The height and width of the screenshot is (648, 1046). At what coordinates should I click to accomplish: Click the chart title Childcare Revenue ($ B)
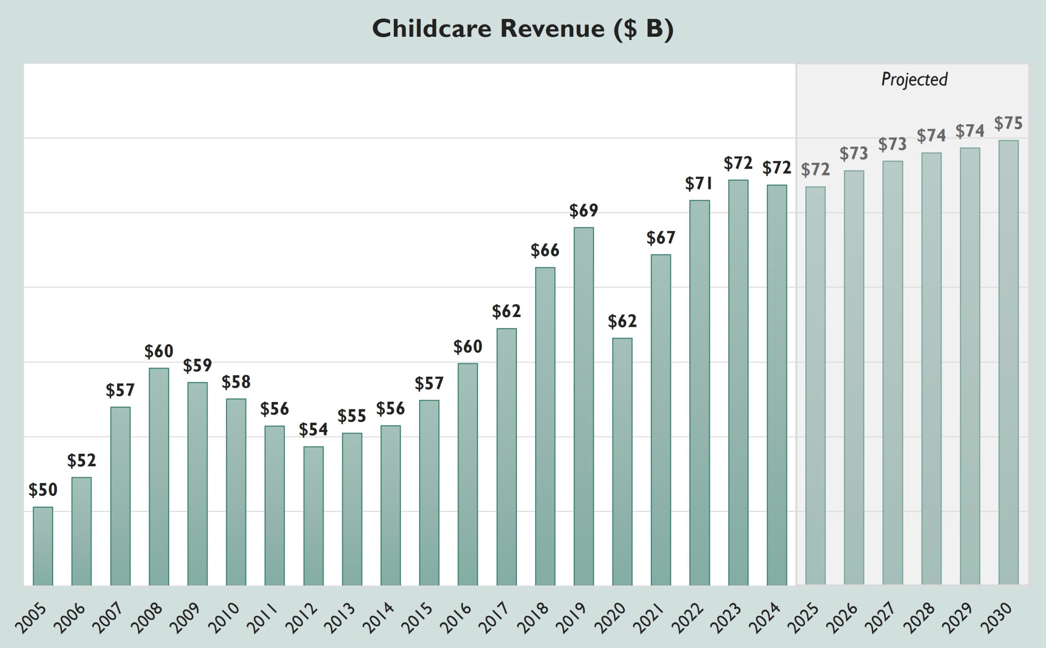523,29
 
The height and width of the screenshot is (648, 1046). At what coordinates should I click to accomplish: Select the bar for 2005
43,546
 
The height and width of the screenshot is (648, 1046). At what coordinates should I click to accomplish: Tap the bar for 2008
159,476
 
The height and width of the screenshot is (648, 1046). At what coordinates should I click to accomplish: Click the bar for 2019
583,406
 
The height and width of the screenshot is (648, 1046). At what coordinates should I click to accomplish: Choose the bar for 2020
622,462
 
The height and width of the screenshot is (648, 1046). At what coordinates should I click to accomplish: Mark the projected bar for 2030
1008,362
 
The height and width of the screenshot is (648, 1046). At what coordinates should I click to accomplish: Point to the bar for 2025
815,386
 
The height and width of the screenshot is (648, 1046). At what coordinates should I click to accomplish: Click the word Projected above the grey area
914,80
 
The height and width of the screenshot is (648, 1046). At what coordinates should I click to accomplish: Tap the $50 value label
43,490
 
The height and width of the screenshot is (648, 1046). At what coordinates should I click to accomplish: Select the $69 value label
583,210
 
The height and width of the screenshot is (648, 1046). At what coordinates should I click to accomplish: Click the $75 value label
1008,123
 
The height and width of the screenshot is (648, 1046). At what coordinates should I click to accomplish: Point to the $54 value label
314,429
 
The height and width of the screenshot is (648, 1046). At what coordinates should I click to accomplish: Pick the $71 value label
699,183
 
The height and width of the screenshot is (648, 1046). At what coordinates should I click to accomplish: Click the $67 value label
661,238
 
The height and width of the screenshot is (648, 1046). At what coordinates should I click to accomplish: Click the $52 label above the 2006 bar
81,461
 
